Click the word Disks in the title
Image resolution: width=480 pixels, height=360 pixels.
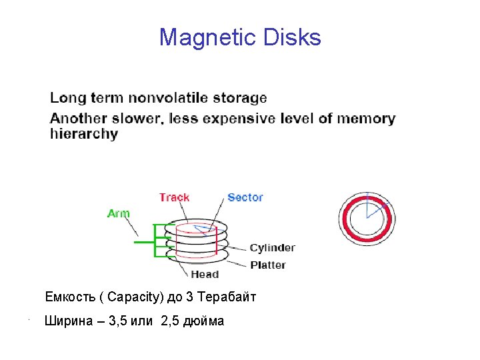pos(292,38)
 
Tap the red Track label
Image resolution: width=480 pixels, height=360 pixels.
pos(174,197)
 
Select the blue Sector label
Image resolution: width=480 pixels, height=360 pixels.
pos(245,197)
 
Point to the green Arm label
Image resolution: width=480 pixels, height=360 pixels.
pos(118,213)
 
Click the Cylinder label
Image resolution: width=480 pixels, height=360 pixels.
pos(272,248)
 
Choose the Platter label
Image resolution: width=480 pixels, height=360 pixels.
pos(267,265)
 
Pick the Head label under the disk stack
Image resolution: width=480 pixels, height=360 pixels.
pos(204,274)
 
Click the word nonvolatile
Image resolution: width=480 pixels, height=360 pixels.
pos(169,98)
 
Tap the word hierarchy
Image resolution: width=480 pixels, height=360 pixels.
pos(84,133)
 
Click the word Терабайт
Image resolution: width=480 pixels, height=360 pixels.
pos(227,297)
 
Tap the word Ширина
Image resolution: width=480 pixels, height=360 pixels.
pos(67,321)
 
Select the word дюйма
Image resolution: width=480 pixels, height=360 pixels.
pos(207,321)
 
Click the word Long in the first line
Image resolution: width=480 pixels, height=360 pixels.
pos(67,98)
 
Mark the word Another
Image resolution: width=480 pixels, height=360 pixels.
pos(81,119)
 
